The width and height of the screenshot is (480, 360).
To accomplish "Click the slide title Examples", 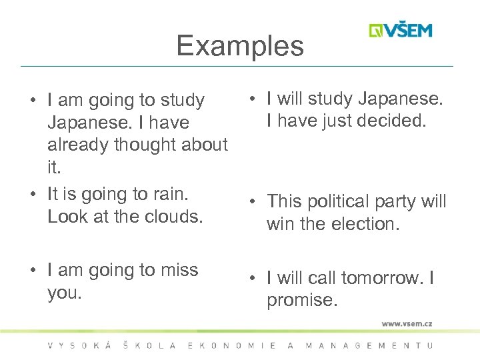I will [240, 46].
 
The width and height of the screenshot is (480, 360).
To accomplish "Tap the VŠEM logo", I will [401, 31].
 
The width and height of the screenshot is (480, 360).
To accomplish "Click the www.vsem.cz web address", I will [407, 323].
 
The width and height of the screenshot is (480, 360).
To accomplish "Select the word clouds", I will [172, 217].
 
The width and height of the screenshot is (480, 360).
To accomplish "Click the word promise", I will [302, 301].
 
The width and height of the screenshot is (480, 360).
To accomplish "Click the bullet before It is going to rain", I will [33, 195].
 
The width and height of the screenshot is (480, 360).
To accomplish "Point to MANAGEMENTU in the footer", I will [369, 345].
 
